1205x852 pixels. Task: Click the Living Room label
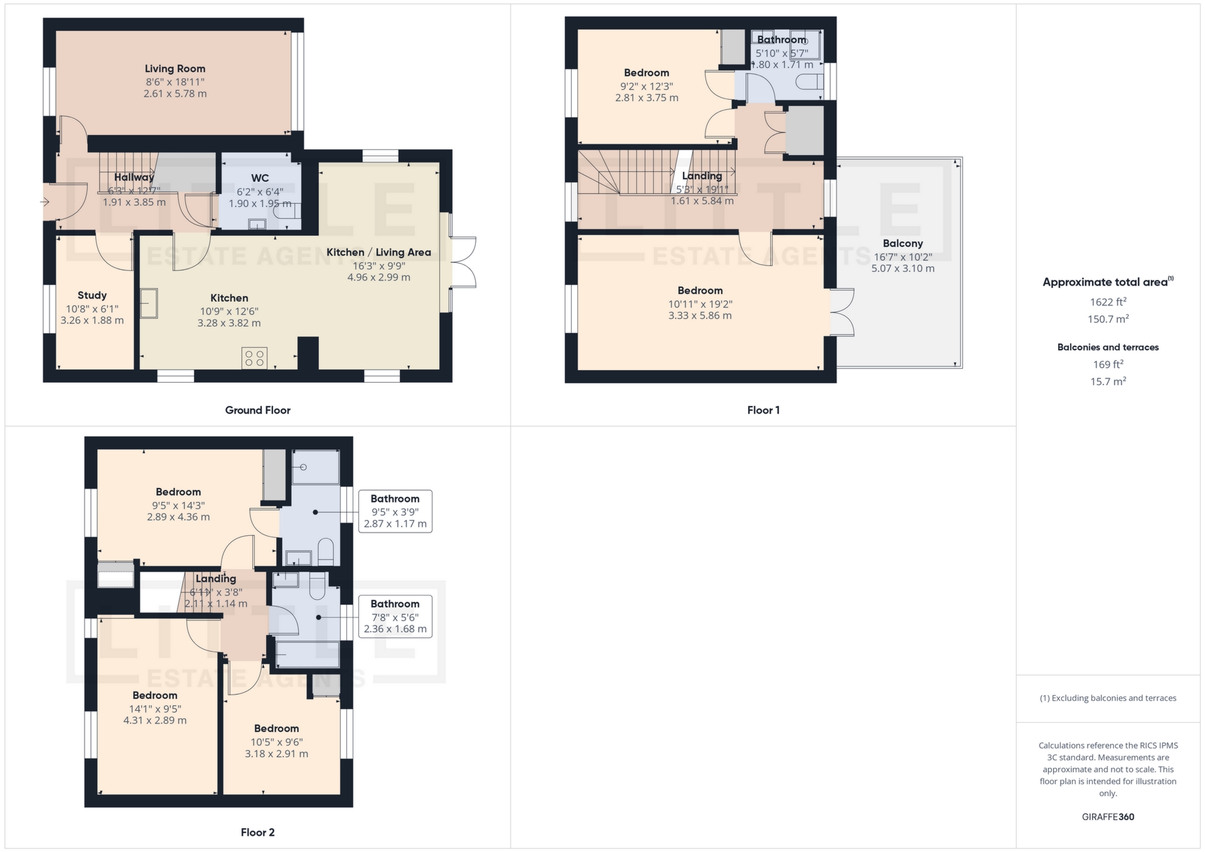(x=174, y=69)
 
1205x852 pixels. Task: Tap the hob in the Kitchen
(x=254, y=358)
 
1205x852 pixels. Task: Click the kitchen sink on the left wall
(x=149, y=303)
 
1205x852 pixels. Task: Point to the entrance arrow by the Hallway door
(x=45, y=201)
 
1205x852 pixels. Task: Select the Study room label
(x=92, y=296)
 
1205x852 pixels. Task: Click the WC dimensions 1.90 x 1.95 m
(x=260, y=204)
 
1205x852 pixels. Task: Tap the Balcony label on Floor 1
(x=902, y=243)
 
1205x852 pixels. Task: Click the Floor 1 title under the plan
(x=763, y=410)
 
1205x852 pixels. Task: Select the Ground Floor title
(x=257, y=410)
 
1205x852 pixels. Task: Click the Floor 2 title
(x=257, y=833)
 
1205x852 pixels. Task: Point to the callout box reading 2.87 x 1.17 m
(x=395, y=511)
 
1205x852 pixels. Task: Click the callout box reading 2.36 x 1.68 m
(x=395, y=617)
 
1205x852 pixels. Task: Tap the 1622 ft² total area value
(x=1108, y=302)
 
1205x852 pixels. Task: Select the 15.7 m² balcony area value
(x=1108, y=381)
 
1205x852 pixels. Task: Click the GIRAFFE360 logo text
(x=1108, y=817)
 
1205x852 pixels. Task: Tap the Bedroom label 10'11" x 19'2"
(x=700, y=290)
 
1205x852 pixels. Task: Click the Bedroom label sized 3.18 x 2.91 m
(x=276, y=729)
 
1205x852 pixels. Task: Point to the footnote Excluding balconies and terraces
(x=1108, y=698)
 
